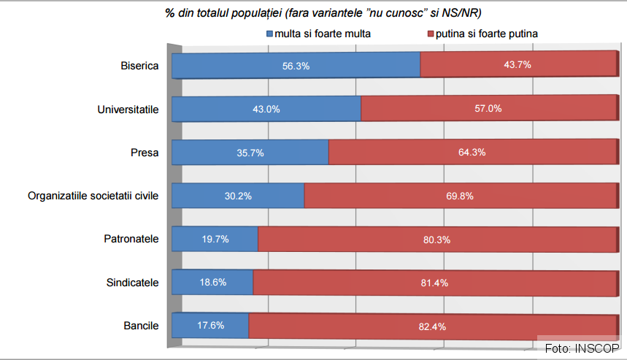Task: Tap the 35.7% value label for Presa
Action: pos(250,153)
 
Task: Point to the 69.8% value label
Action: pos(460,196)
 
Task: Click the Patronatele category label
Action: pos(132,239)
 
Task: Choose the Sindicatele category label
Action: pos(133,282)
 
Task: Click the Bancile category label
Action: pos(141,325)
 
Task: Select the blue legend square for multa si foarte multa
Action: pos(269,34)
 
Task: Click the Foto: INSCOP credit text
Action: pos(582,347)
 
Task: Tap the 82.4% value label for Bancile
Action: pos(432,326)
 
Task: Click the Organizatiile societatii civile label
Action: pos(93,196)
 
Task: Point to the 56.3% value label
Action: pos(296,66)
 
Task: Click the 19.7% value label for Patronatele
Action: pos(214,239)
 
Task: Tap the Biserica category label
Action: pos(139,66)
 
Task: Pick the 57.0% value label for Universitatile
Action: pos(488,109)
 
